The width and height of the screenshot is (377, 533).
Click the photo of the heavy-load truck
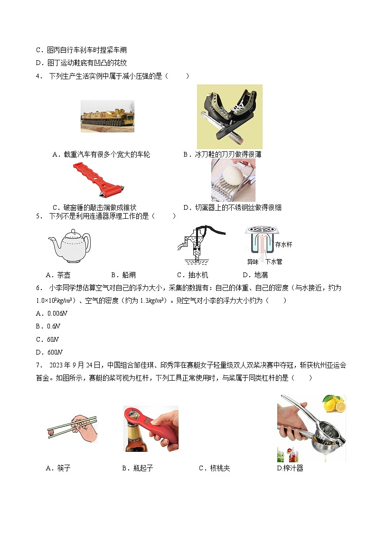pyautogui.click(x=107, y=116)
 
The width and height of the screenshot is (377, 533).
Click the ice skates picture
pyautogui.click(x=229, y=116)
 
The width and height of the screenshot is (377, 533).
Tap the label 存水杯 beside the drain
pyautogui.click(x=283, y=244)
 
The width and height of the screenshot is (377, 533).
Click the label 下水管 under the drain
pyautogui.click(x=273, y=262)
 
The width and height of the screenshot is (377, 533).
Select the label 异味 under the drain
pyautogui.click(x=253, y=262)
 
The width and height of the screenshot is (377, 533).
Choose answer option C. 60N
pyautogui.click(x=47, y=339)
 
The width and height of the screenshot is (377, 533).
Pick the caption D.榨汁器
pyautogui.click(x=290, y=468)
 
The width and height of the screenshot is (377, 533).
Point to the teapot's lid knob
pyautogui.click(x=72, y=231)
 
